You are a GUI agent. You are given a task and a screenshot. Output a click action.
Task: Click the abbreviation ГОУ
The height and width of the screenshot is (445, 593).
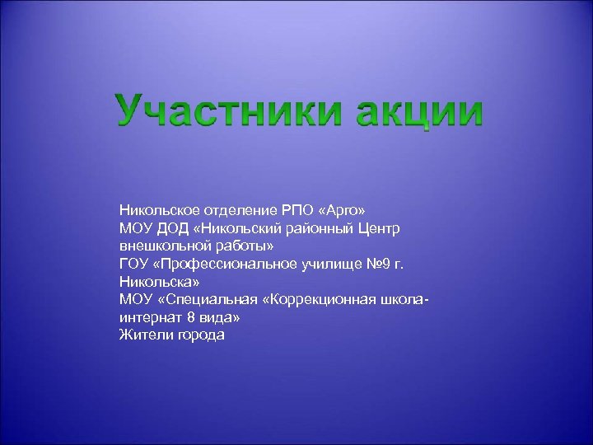134,263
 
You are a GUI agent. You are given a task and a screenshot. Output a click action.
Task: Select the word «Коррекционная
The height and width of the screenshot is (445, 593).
324,299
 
